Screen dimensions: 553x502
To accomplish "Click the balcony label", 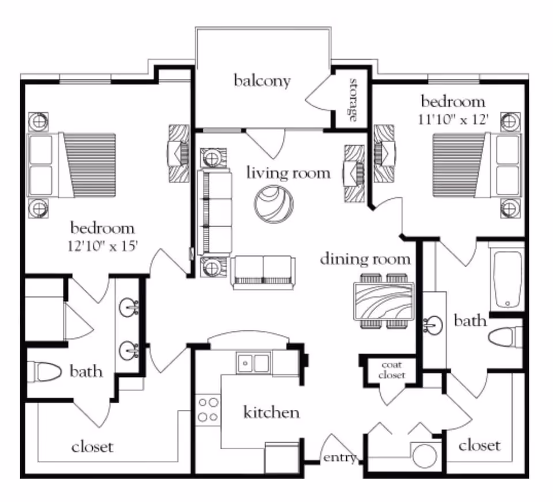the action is [x=262, y=81].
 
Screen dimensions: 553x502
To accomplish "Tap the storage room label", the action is [x=353, y=100].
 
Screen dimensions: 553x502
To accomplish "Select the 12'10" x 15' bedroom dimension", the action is [x=103, y=246].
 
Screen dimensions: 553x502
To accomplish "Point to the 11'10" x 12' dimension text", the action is [x=453, y=120].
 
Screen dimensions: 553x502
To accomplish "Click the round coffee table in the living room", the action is [x=274, y=204].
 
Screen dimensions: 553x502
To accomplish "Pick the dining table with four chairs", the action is [x=384, y=301].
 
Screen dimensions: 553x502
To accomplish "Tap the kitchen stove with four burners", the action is [x=208, y=410].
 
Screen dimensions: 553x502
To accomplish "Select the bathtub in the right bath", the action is [x=507, y=279].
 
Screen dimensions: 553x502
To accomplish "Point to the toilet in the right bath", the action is [x=505, y=337].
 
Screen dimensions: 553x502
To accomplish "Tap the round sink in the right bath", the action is [x=433, y=325].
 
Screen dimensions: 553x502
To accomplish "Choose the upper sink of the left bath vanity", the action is [x=128, y=307].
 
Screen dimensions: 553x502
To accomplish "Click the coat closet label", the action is [x=392, y=370].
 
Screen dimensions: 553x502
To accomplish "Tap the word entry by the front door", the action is [x=340, y=458].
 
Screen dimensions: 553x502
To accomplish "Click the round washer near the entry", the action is [x=425, y=455].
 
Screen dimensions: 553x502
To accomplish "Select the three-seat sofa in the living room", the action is [x=214, y=212].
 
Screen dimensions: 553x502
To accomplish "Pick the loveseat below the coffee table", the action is [x=263, y=272].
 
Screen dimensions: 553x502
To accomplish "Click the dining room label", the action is [x=365, y=260].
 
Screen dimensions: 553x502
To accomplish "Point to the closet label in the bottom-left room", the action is [x=92, y=447].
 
